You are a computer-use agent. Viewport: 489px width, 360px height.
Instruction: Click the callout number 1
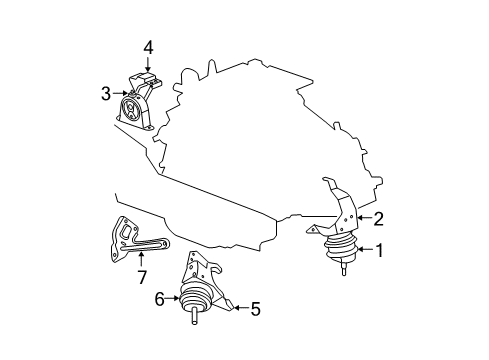click(379, 251)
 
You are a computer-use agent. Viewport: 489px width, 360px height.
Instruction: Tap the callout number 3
click(104, 93)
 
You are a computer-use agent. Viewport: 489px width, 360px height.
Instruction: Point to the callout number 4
click(147, 46)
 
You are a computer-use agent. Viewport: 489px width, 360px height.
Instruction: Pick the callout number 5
click(255, 310)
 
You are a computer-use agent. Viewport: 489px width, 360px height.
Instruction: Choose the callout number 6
click(158, 297)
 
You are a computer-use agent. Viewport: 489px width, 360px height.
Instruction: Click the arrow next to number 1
click(362, 251)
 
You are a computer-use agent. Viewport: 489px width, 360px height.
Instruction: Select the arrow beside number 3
click(117, 93)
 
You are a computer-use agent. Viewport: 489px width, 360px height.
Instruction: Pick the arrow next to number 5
click(238, 310)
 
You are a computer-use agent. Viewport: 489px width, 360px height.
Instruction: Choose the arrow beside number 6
click(171, 297)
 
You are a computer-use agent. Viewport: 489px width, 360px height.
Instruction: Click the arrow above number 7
click(140, 259)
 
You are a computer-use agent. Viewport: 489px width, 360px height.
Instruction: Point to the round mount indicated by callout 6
click(194, 300)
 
